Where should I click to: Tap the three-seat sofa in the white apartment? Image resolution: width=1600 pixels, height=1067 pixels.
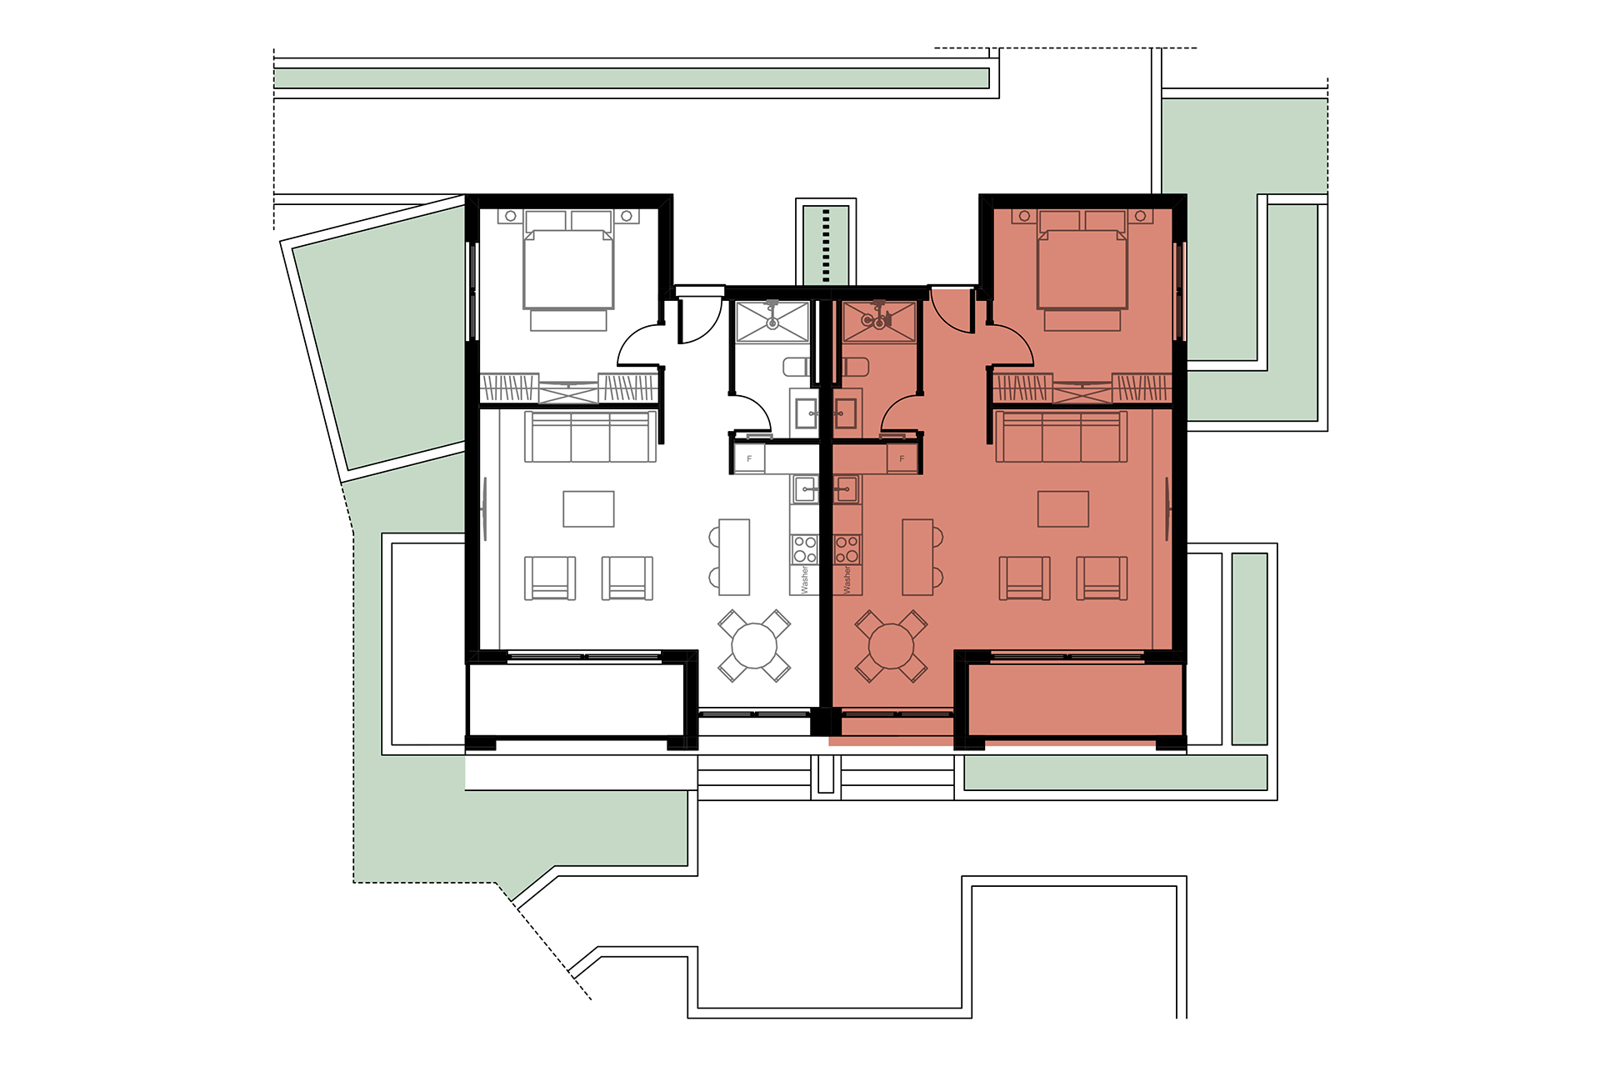pyautogui.click(x=590, y=437)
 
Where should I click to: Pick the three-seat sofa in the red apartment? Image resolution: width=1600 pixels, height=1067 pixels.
pyautogui.click(x=1062, y=437)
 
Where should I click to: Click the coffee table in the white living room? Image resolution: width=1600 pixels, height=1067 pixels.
pyautogui.click(x=588, y=508)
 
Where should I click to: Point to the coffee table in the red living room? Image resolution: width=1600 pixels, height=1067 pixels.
pyautogui.click(x=1062, y=508)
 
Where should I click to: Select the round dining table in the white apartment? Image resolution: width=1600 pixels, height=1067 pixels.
pyautogui.click(x=754, y=646)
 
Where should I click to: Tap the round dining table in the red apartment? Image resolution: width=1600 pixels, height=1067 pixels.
pyautogui.click(x=892, y=646)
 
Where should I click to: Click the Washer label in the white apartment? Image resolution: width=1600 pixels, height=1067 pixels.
pyautogui.click(x=805, y=579)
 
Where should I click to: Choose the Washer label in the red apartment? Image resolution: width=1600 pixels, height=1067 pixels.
pyautogui.click(x=847, y=579)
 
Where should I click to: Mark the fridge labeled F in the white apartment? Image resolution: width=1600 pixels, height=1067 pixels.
pyautogui.click(x=749, y=459)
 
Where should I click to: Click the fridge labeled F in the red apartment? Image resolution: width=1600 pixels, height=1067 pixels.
pyautogui.click(x=902, y=459)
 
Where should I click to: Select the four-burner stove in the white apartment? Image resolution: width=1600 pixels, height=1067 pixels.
pyautogui.click(x=805, y=549)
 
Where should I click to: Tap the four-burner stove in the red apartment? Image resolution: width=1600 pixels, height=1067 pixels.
pyautogui.click(x=847, y=549)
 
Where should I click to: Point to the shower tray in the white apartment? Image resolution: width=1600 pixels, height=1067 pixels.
pyautogui.click(x=772, y=322)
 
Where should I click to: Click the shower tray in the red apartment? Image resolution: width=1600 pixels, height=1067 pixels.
pyautogui.click(x=879, y=322)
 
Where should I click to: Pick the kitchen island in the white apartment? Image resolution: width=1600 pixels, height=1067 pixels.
pyautogui.click(x=734, y=557)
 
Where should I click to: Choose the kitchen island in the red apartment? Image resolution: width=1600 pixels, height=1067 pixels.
pyautogui.click(x=917, y=557)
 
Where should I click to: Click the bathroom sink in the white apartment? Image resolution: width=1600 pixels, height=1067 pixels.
pyautogui.click(x=805, y=413)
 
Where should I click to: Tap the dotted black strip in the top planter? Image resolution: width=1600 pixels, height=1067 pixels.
pyautogui.click(x=826, y=245)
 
